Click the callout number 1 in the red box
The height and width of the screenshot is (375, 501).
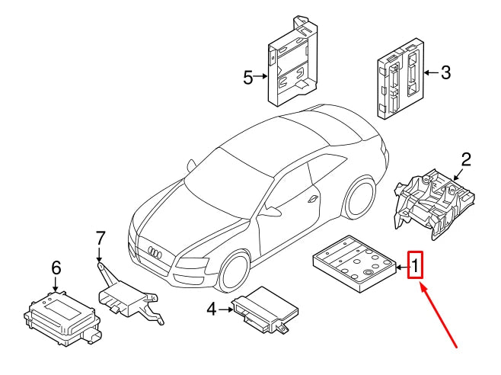click(x=416, y=266)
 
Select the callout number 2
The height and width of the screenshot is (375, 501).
click(x=466, y=159)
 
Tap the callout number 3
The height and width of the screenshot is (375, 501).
click(x=445, y=73)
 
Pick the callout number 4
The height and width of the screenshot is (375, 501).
click(x=212, y=309)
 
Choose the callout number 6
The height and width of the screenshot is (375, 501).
click(x=56, y=268)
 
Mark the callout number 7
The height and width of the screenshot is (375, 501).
click(x=99, y=238)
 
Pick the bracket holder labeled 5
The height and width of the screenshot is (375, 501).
click(x=294, y=61)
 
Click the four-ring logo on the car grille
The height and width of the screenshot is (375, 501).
click(x=154, y=252)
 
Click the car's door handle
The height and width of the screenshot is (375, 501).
click(x=313, y=199)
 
